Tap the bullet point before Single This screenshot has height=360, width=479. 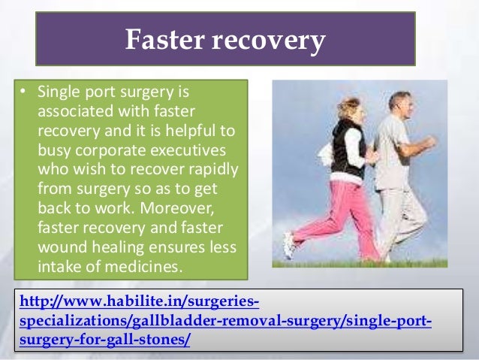click(22, 94)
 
